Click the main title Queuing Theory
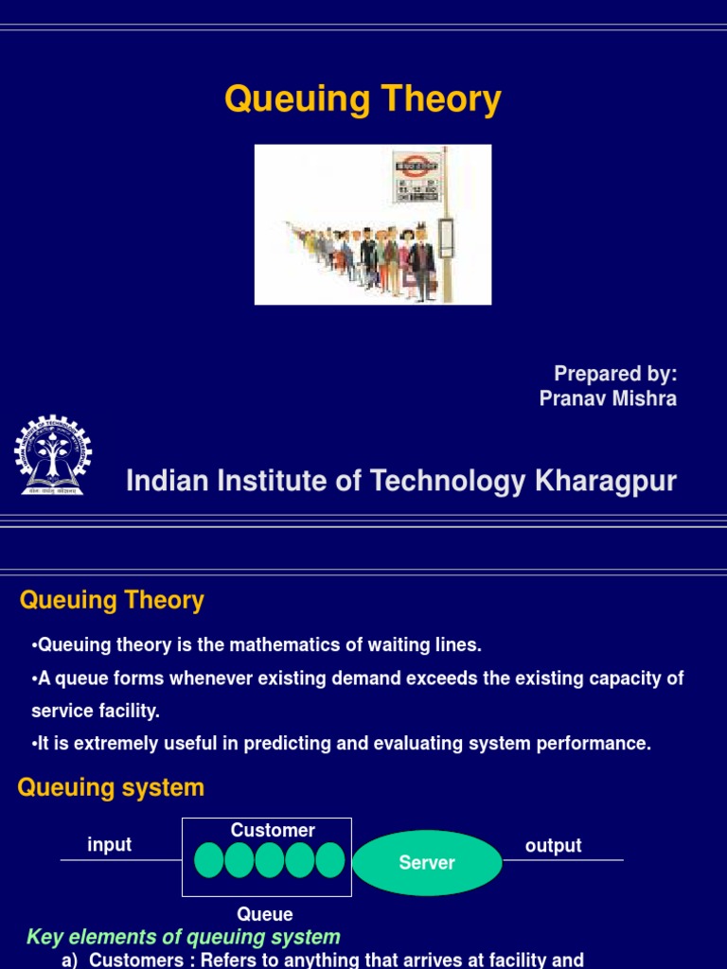click(x=363, y=99)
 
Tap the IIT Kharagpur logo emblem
click(x=53, y=455)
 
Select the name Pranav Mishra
click(x=608, y=398)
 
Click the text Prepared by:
click(x=615, y=373)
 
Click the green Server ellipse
click(x=427, y=862)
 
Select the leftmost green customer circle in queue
click(x=209, y=860)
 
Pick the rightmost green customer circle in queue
click(x=330, y=860)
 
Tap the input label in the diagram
click(x=109, y=844)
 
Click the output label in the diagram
click(x=553, y=845)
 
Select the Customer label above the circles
click(x=273, y=830)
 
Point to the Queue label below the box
click(x=265, y=914)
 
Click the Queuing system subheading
click(x=111, y=787)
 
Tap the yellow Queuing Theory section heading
click(x=112, y=600)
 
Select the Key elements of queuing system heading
click(x=184, y=937)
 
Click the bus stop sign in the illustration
click(x=417, y=178)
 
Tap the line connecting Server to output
click(x=563, y=860)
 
